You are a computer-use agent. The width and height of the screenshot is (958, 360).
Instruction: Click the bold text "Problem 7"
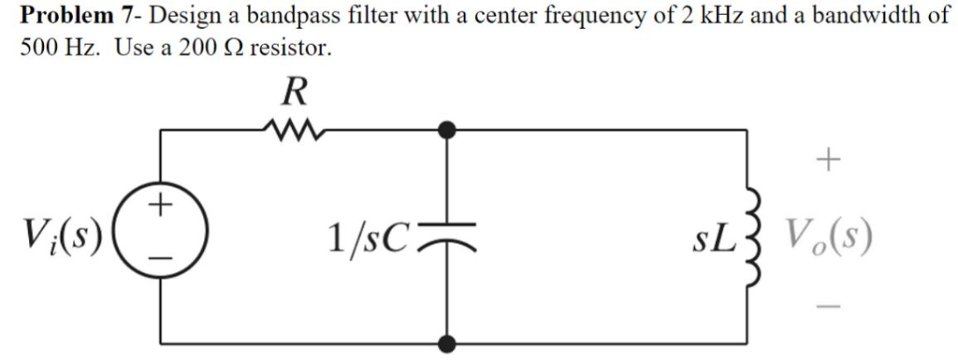click(x=80, y=16)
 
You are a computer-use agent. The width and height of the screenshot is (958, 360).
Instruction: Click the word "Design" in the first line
click(x=181, y=16)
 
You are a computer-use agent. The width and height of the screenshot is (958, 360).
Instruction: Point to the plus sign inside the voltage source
click(x=161, y=203)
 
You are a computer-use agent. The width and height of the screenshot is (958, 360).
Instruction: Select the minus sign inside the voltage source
click(x=161, y=256)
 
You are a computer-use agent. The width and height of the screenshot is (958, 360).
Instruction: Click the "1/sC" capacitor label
click(x=368, y=239)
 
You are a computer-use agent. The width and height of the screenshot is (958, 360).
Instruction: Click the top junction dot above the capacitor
click(x=450, y=129)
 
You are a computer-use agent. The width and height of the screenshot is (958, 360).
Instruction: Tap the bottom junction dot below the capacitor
click(x=450, y=342)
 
